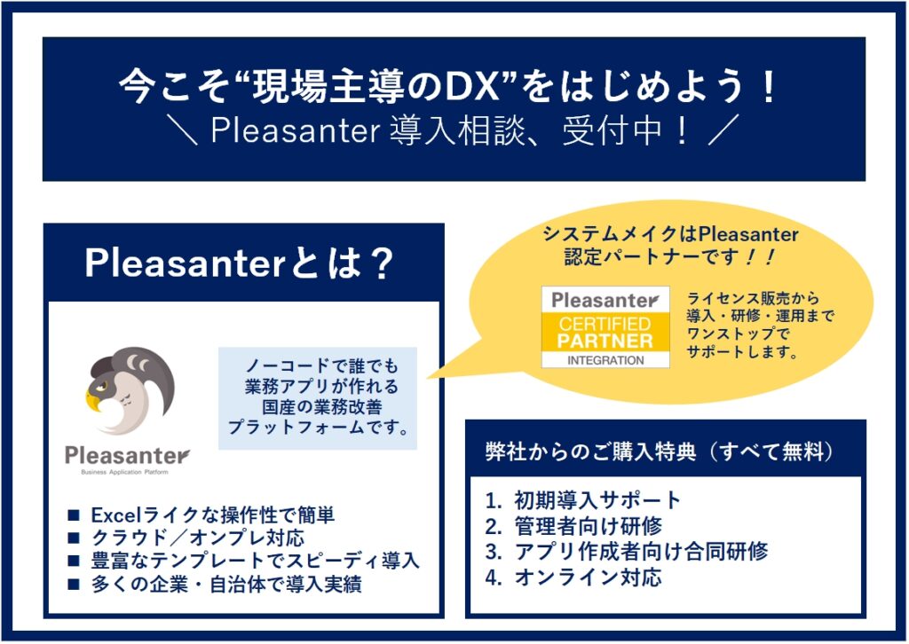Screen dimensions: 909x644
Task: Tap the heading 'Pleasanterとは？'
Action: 240,263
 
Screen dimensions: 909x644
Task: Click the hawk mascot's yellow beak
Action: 92,400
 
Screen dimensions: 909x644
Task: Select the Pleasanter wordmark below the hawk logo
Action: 127,456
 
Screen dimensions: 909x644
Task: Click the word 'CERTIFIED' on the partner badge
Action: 605,323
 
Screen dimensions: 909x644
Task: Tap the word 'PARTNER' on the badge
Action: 605,341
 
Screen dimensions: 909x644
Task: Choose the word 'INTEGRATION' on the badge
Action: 605,360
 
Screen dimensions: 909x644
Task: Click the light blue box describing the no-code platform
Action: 318,398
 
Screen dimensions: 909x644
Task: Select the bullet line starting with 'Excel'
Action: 202,514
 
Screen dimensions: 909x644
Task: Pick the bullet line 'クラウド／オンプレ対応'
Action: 186,538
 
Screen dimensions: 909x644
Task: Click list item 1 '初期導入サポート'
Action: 583,500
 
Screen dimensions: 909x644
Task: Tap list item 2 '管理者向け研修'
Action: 574,526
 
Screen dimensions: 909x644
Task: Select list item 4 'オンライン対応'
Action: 574,577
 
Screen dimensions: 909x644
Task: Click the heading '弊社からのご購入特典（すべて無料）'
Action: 660,452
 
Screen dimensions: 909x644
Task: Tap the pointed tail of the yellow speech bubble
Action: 430,377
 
